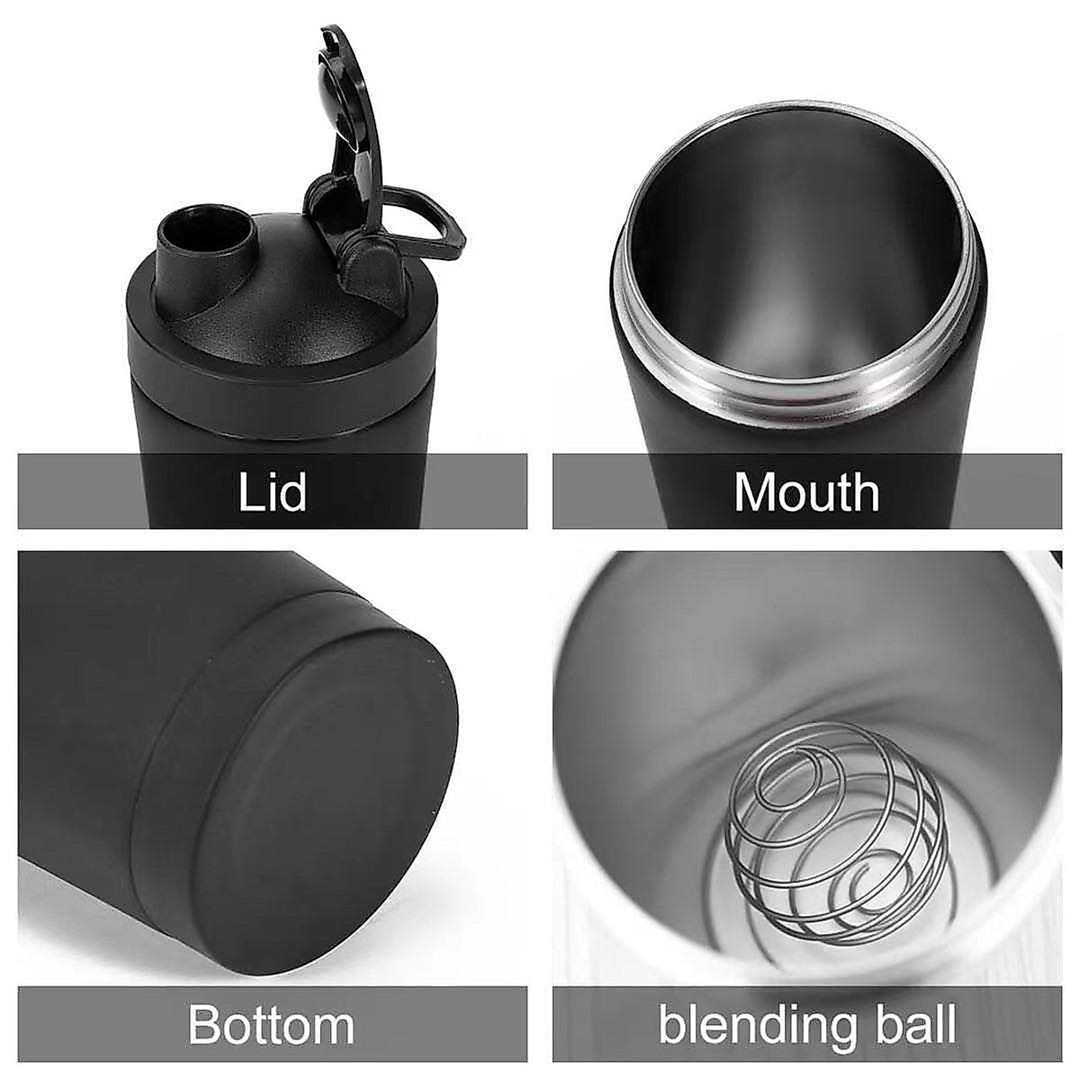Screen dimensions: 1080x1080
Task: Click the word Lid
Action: [272, 491]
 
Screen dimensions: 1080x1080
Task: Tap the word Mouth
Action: [806, 491]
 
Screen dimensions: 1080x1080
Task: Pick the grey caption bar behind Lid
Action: [108, 491]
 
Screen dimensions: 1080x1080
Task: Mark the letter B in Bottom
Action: [205, 1025]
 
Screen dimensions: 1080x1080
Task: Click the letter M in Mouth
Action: [754, 491]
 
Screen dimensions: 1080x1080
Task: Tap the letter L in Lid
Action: [249, 491]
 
